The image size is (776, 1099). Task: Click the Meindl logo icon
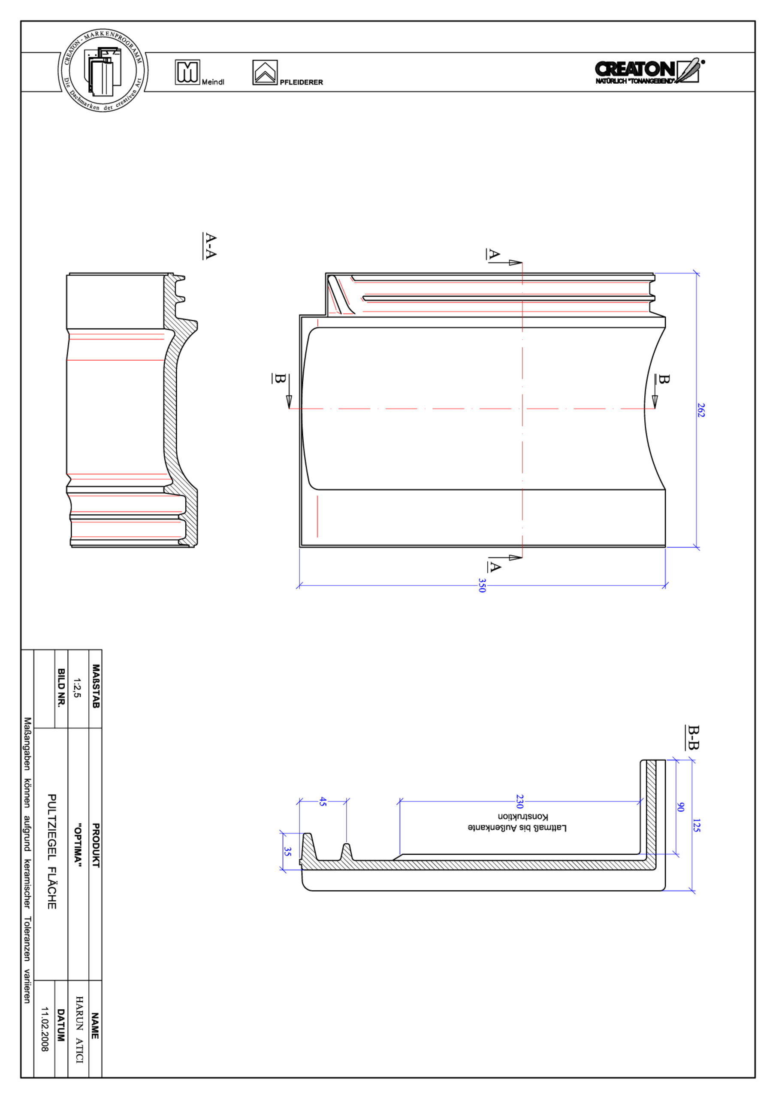[187, 72]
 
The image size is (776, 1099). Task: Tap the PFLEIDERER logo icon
[265, 73]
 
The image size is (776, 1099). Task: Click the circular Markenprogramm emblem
[103, 71]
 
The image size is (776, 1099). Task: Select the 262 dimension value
[701, 410]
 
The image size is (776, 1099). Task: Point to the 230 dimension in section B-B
[519, 801]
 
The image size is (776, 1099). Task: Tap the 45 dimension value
[323, 801]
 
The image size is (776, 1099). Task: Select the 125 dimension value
[696, 825]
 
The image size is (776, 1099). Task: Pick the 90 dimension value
[680, 807]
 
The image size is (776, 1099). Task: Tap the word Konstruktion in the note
[522, 816]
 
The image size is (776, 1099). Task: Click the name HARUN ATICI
[79, 1029]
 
